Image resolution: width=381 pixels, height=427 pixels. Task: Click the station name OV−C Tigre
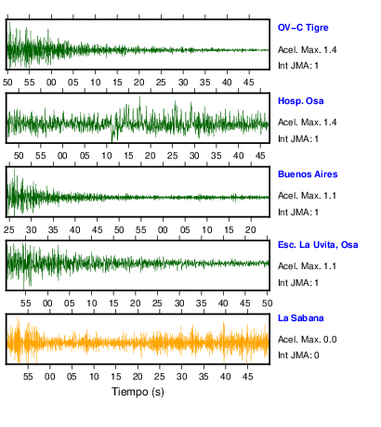[303, 28]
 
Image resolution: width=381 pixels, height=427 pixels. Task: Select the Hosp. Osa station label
[300, 101]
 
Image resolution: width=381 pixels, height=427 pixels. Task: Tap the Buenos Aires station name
[308, 175]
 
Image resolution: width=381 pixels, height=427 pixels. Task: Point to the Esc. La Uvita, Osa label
[318, 245]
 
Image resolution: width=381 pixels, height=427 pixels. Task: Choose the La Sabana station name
[300, 318]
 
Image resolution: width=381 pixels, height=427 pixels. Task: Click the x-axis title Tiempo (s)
[138, 392]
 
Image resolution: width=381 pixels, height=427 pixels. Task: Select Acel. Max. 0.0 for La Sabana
[307, 340]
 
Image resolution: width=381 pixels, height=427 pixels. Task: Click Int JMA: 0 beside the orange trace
[298, 356]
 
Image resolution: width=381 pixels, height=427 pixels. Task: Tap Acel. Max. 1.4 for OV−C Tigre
[307, 50]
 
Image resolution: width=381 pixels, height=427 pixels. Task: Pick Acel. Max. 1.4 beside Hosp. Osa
[307, 123]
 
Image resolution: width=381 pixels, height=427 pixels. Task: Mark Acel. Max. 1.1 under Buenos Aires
[307, 196]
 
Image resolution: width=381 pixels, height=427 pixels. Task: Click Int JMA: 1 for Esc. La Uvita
[298, 283]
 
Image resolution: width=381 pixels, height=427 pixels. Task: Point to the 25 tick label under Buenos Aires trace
[9, 230]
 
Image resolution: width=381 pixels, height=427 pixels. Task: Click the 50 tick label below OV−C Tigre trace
[7, 83]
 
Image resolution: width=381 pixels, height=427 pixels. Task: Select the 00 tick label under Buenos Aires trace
[163, 230]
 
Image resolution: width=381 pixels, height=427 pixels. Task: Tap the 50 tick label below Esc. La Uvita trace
[268, 303]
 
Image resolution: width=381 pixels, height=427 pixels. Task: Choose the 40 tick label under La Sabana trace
[226, 377]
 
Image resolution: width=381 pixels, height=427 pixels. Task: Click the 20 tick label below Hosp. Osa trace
[151, 155]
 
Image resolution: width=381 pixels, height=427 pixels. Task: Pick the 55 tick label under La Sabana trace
[28, 377]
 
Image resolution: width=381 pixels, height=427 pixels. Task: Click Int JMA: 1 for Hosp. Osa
[298, 139]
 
